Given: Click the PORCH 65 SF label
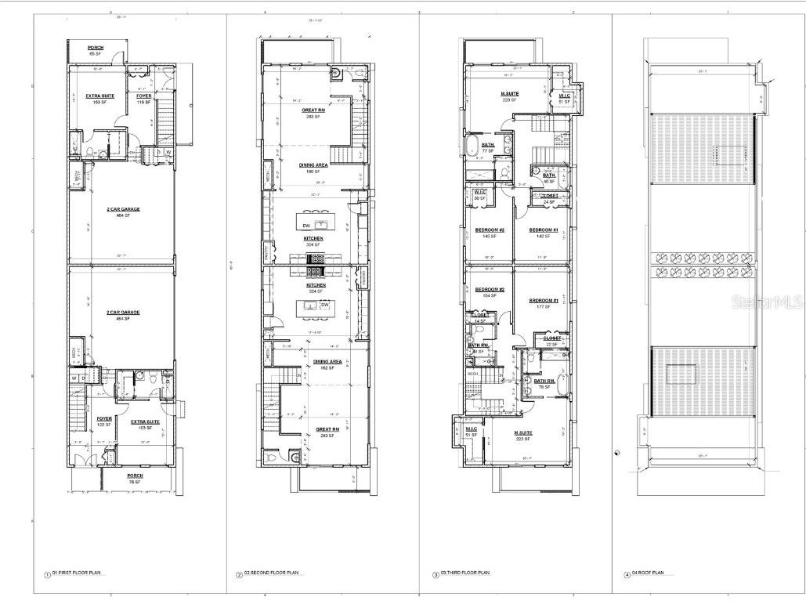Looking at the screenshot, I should [x=96, y=51].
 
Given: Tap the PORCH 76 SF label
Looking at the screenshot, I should [x=135, y=478].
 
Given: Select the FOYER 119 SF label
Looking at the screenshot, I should [x=143, y=99].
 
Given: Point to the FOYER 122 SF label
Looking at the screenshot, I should [x=104, y=421].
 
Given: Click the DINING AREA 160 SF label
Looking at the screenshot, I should [x=313, y=168].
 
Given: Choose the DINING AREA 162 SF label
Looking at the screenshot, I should [x=324, y=364].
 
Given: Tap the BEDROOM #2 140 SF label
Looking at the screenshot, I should [x=489, y=233].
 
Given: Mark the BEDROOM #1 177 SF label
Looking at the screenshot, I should [x=543, y=304].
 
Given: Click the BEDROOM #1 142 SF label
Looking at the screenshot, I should [x=543, y=233].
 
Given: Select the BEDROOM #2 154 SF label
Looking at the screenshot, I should [x=490, y=293].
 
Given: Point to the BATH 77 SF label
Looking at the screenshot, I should [x=488, y=147].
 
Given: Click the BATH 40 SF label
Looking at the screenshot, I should [x=549, y=178].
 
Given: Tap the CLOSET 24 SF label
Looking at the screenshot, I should [x=550, y=199].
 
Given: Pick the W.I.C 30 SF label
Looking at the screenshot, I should [x=480, y=195].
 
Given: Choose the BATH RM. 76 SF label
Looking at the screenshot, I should [x=545, y=384].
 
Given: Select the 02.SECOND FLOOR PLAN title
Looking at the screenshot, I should [x=270, y=573].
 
